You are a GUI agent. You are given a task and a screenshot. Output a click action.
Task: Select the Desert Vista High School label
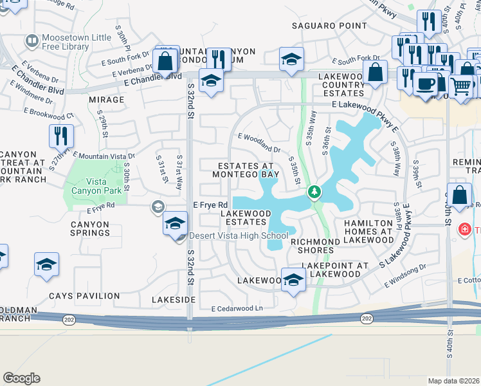[x=239, y=235]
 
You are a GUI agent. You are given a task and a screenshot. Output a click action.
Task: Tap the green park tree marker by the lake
[x=314, y=192]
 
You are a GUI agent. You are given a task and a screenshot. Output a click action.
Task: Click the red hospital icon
[x=464, y=230]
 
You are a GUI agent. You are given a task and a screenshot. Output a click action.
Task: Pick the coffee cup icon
[x=425, y=84]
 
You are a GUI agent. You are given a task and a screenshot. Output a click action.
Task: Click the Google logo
[x=21, y=378]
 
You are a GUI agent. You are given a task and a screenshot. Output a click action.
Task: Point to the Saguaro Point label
[x=320, y=26]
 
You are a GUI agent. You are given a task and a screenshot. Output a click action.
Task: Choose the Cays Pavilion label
[x=84, y=296]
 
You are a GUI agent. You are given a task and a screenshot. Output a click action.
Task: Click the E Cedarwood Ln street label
[x=237, y=309]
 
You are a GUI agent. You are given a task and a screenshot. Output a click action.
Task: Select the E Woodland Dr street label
[x=259, y=142]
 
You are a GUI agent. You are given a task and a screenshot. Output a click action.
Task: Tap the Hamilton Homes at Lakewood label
[x=368, y=231]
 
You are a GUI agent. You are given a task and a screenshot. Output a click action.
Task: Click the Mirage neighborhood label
[x=106, y=100]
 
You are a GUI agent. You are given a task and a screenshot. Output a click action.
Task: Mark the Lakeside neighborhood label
[x=173, y=300]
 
